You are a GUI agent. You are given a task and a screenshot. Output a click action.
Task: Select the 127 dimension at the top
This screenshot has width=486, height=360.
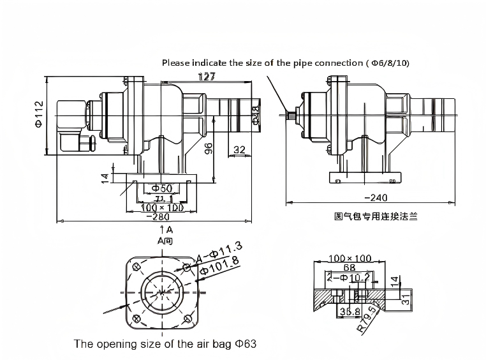(206, 77)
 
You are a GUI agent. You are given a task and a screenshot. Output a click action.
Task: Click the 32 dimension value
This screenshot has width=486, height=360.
(240, 151)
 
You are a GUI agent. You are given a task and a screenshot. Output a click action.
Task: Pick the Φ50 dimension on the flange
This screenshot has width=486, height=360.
(162, 188)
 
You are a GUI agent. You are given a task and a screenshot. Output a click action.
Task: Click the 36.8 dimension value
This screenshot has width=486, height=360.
(349, 311)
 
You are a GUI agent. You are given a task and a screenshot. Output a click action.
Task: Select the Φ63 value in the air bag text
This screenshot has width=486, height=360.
(243, 344)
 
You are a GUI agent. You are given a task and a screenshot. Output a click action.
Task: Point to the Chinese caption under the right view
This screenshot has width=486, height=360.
(371, 216)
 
